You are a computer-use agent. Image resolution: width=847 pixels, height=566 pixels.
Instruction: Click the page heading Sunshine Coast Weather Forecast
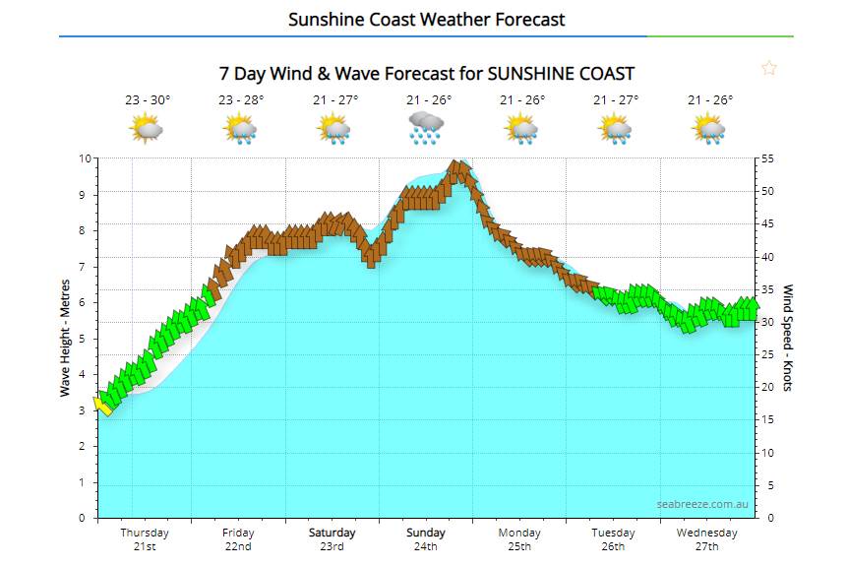tap(426, 20)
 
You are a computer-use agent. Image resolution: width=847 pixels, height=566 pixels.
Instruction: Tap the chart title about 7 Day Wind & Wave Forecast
tap(426, 74)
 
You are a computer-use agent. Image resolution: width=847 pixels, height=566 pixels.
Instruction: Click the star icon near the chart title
tap(769, 68)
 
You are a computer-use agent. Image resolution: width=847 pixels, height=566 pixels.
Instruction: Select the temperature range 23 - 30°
tap(148, 99)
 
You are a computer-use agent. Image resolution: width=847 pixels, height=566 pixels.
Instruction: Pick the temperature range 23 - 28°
tap(241, 99)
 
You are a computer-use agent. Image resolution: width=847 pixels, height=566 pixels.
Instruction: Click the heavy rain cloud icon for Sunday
tap(426, 128)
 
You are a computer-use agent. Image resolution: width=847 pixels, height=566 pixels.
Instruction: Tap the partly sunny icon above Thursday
tap(146, 128)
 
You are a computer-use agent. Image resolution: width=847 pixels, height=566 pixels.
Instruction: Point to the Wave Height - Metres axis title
tap(66, 338)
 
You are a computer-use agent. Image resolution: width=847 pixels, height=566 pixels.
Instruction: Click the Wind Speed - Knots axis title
tap(787, 338)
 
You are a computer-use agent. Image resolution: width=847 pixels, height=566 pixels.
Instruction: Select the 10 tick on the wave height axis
tap(86, 158)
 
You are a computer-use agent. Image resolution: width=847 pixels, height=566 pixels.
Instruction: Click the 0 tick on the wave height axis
tap(89, 518)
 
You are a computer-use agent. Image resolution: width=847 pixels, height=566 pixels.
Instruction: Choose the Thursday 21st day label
tap(145, 539)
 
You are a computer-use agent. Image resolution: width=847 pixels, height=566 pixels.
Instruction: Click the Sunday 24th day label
tap(426, 539)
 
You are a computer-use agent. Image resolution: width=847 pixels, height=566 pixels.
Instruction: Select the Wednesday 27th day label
tap(707, 539)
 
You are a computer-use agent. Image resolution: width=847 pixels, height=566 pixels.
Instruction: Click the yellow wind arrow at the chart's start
tap(102, 405)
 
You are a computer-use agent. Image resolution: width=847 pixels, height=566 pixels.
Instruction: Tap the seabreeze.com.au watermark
tap(703, 504)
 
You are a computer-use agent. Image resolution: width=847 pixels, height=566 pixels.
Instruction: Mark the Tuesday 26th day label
tap(614, 539)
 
